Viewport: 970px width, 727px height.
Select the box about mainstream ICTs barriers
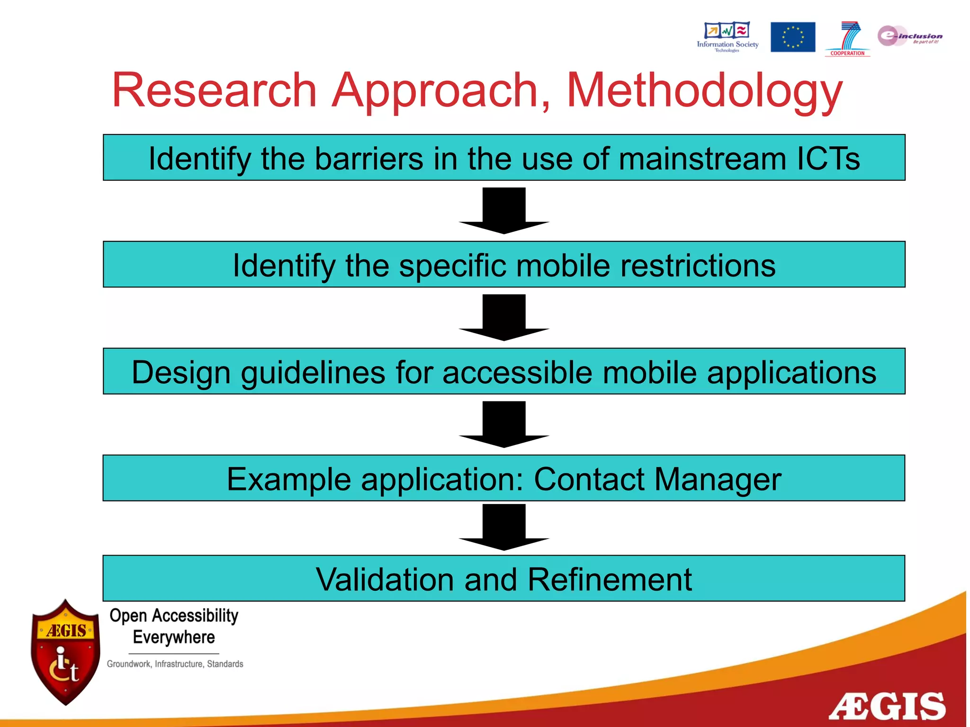pos(504,158)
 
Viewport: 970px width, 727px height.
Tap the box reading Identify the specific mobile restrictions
pos(504,265)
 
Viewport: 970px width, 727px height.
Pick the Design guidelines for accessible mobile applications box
pos(504,372)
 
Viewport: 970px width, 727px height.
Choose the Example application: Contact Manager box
pos(504,479)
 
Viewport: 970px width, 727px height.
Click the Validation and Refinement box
pos(504,578)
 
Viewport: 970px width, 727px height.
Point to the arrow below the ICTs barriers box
pos(504,211)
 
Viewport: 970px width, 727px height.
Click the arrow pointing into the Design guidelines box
pos(504,318)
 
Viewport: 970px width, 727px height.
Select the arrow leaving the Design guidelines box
pos(504,425)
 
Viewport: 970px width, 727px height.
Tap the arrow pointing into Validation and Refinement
pos(504,527)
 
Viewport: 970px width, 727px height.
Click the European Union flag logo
pos(792,37)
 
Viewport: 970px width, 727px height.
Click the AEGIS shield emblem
pos(65,652)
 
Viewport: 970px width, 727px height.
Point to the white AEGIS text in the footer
pos(887,706)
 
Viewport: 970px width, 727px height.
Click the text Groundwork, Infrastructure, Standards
pos(175,664)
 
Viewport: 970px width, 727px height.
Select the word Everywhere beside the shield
pos(174,637)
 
